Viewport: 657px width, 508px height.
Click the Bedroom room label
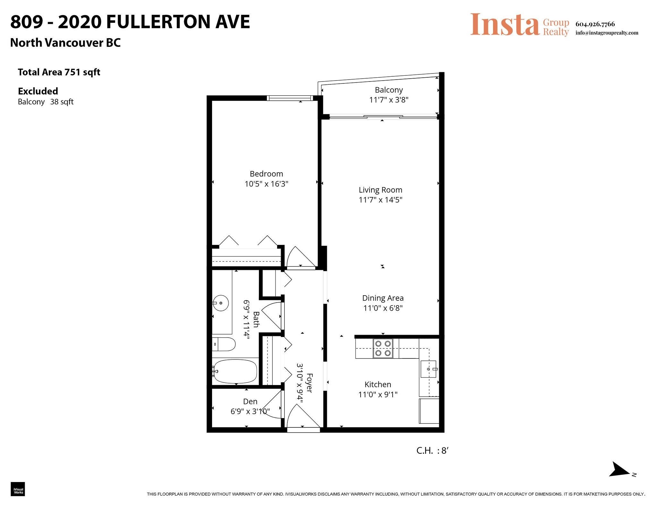(x=266, y=174)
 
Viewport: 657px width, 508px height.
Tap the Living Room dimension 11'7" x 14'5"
(x=380, y=200)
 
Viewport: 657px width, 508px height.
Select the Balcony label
(x=389, y=90)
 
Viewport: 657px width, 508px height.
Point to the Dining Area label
(x=383, y=298)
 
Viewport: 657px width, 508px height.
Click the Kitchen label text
(x=378, y=384)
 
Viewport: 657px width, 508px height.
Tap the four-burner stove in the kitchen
(x=383, y=349)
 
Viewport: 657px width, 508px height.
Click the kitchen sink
(x=429, y=369)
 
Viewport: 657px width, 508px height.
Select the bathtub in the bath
(x=235, y=371)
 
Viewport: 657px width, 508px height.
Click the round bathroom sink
(x=220, y=303)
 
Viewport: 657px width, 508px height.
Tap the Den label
(x=250, y=401)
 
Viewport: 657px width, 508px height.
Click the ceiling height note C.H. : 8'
(x=432, y=451)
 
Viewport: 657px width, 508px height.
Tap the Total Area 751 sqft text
(x=59, y=73)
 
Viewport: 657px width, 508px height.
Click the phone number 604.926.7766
(x=595, y=24)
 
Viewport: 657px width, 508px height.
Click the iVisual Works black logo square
(x=18, y=489)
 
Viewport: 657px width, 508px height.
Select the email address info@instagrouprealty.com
(x=607, y=33)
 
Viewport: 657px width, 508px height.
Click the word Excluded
(x=38, y=91)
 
